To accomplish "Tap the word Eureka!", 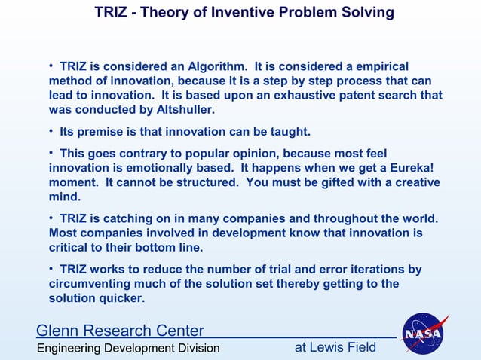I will coord(431,169).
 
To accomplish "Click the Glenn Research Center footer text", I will coord(120,331).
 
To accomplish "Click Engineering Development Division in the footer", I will coord(129,348).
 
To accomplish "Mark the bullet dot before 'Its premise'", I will coord(52,132).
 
